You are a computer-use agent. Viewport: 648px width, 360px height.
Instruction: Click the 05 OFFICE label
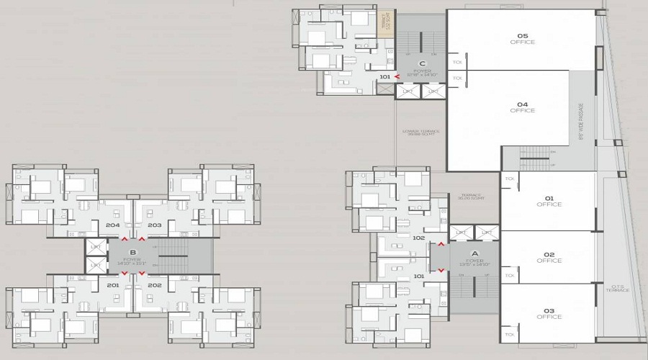[x=522, y=39]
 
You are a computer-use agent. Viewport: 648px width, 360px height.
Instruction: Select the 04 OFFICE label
[x=522, y=107]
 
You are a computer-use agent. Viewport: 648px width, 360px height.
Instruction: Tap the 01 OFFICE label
[x=549, y=201]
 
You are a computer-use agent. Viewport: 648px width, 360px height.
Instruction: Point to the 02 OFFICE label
[x=549, y=257]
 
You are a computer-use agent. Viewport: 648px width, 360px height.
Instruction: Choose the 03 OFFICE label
[x=549, y=313]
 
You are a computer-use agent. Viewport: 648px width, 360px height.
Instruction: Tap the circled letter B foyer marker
[x=132, y=252]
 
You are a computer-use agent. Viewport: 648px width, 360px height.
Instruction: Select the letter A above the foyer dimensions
[x=474, y=253]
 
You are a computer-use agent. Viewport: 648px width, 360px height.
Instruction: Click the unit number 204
[x=112, y=225]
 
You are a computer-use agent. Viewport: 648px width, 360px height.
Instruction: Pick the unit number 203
[x=154, y=225]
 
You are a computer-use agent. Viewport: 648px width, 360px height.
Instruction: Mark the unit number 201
[x=112, y=285]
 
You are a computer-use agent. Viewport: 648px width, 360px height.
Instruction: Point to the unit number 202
[x=154, y=285]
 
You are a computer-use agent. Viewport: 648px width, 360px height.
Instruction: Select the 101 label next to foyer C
[x=384, y=76]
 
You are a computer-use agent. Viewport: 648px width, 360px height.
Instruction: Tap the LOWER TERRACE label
[x=412, y=132]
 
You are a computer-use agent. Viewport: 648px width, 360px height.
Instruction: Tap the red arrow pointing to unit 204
[x=125, y=238]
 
